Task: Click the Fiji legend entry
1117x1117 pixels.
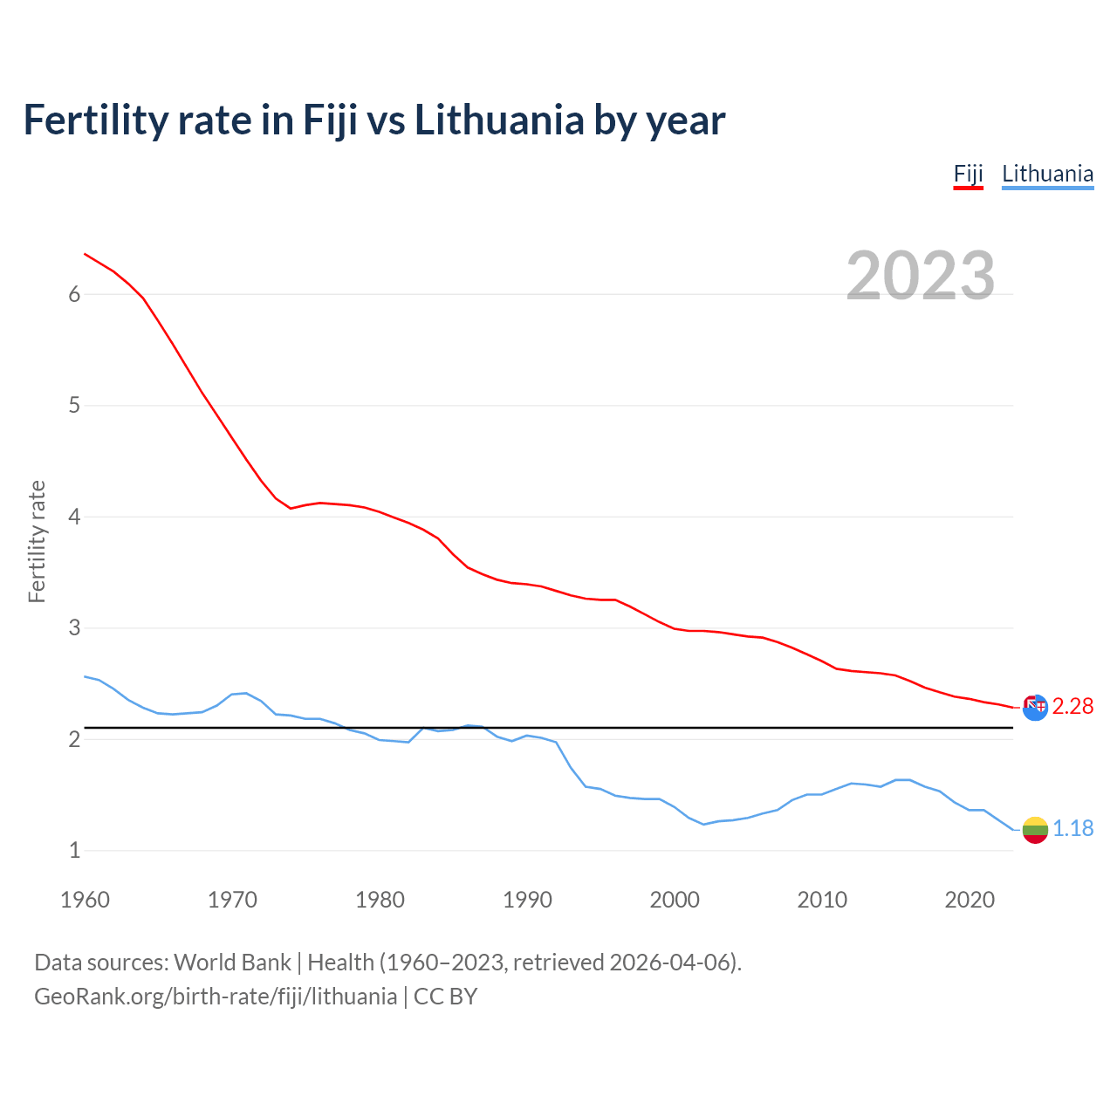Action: [968, 174]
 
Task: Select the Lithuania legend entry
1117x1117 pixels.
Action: [1047, 174]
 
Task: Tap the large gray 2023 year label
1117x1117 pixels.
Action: [920, 276]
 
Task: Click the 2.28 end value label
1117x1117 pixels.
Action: [1072, 706]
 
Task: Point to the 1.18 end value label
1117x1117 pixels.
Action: [1072, 828]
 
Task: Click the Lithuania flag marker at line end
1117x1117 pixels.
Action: [1035, 830]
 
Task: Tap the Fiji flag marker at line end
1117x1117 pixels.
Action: [1035, 707]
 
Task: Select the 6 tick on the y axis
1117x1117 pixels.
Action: [74, 295]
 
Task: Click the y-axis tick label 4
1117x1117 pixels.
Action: [74, 517]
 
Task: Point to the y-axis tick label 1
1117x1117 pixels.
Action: [74, 850]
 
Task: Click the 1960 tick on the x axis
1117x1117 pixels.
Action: [85, 900]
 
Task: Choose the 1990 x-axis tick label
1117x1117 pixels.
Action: [527, 900]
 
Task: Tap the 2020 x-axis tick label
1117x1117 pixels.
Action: [970, 900]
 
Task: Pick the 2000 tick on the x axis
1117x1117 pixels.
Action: [675, 900]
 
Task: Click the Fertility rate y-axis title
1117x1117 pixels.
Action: [37, 541]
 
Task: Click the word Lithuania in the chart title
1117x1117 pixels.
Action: [498, 120]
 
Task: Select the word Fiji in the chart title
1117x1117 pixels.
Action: [330, 120]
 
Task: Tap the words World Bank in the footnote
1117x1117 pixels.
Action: [232, 963]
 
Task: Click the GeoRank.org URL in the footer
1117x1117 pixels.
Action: [216, 997]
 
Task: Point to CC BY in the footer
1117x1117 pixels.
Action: [445, 997]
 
